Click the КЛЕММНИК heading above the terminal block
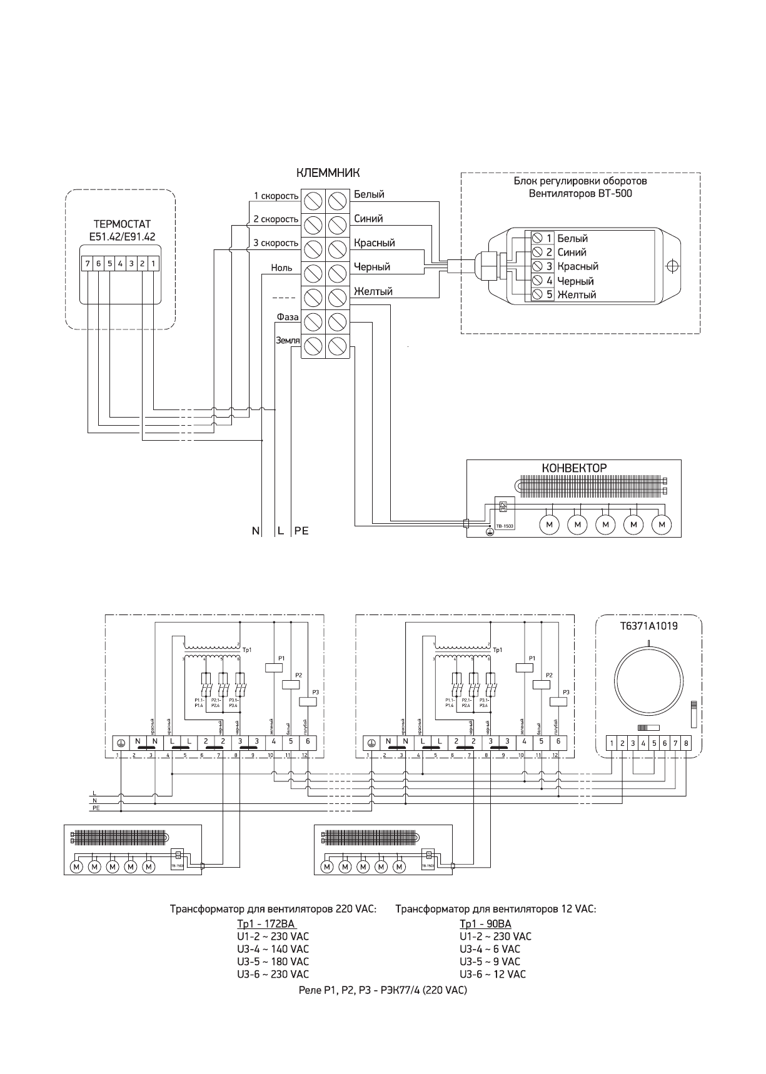click(x=328, y=173)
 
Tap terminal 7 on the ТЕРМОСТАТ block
click(x=88, y=263)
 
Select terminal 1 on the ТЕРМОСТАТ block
click(x=153, y=263)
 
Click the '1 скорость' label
click(x=276, y=196)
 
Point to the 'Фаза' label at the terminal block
click(x=288, y=317)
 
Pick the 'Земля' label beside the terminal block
click(x=288, y=340)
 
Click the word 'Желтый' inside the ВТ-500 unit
click(x=577, y=295)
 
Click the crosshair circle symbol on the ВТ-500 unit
click(x=672, y=266)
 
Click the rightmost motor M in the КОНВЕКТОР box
click(x=662, y=524)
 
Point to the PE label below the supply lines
click(x=301, y=531)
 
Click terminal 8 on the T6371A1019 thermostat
click(x=686, y=743)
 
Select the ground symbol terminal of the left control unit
click(x=121, y=742)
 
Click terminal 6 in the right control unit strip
click(x=558, y=742)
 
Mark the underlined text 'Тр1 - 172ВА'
click(x=265, y=924)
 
